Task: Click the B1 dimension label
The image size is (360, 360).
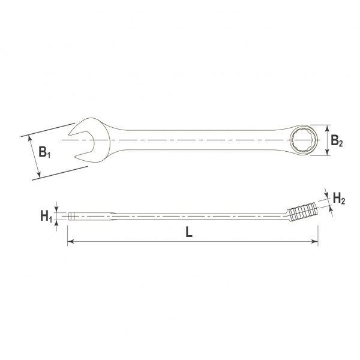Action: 44,152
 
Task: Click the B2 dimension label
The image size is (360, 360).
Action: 337,140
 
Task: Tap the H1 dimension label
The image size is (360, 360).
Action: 46,217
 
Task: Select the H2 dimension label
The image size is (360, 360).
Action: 339,199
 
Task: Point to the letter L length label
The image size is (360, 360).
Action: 189,233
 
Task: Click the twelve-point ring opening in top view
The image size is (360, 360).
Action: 304,140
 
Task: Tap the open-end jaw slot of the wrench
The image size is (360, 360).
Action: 83,144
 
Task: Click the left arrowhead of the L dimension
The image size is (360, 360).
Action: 70,242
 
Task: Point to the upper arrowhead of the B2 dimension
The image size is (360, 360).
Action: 328,128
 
